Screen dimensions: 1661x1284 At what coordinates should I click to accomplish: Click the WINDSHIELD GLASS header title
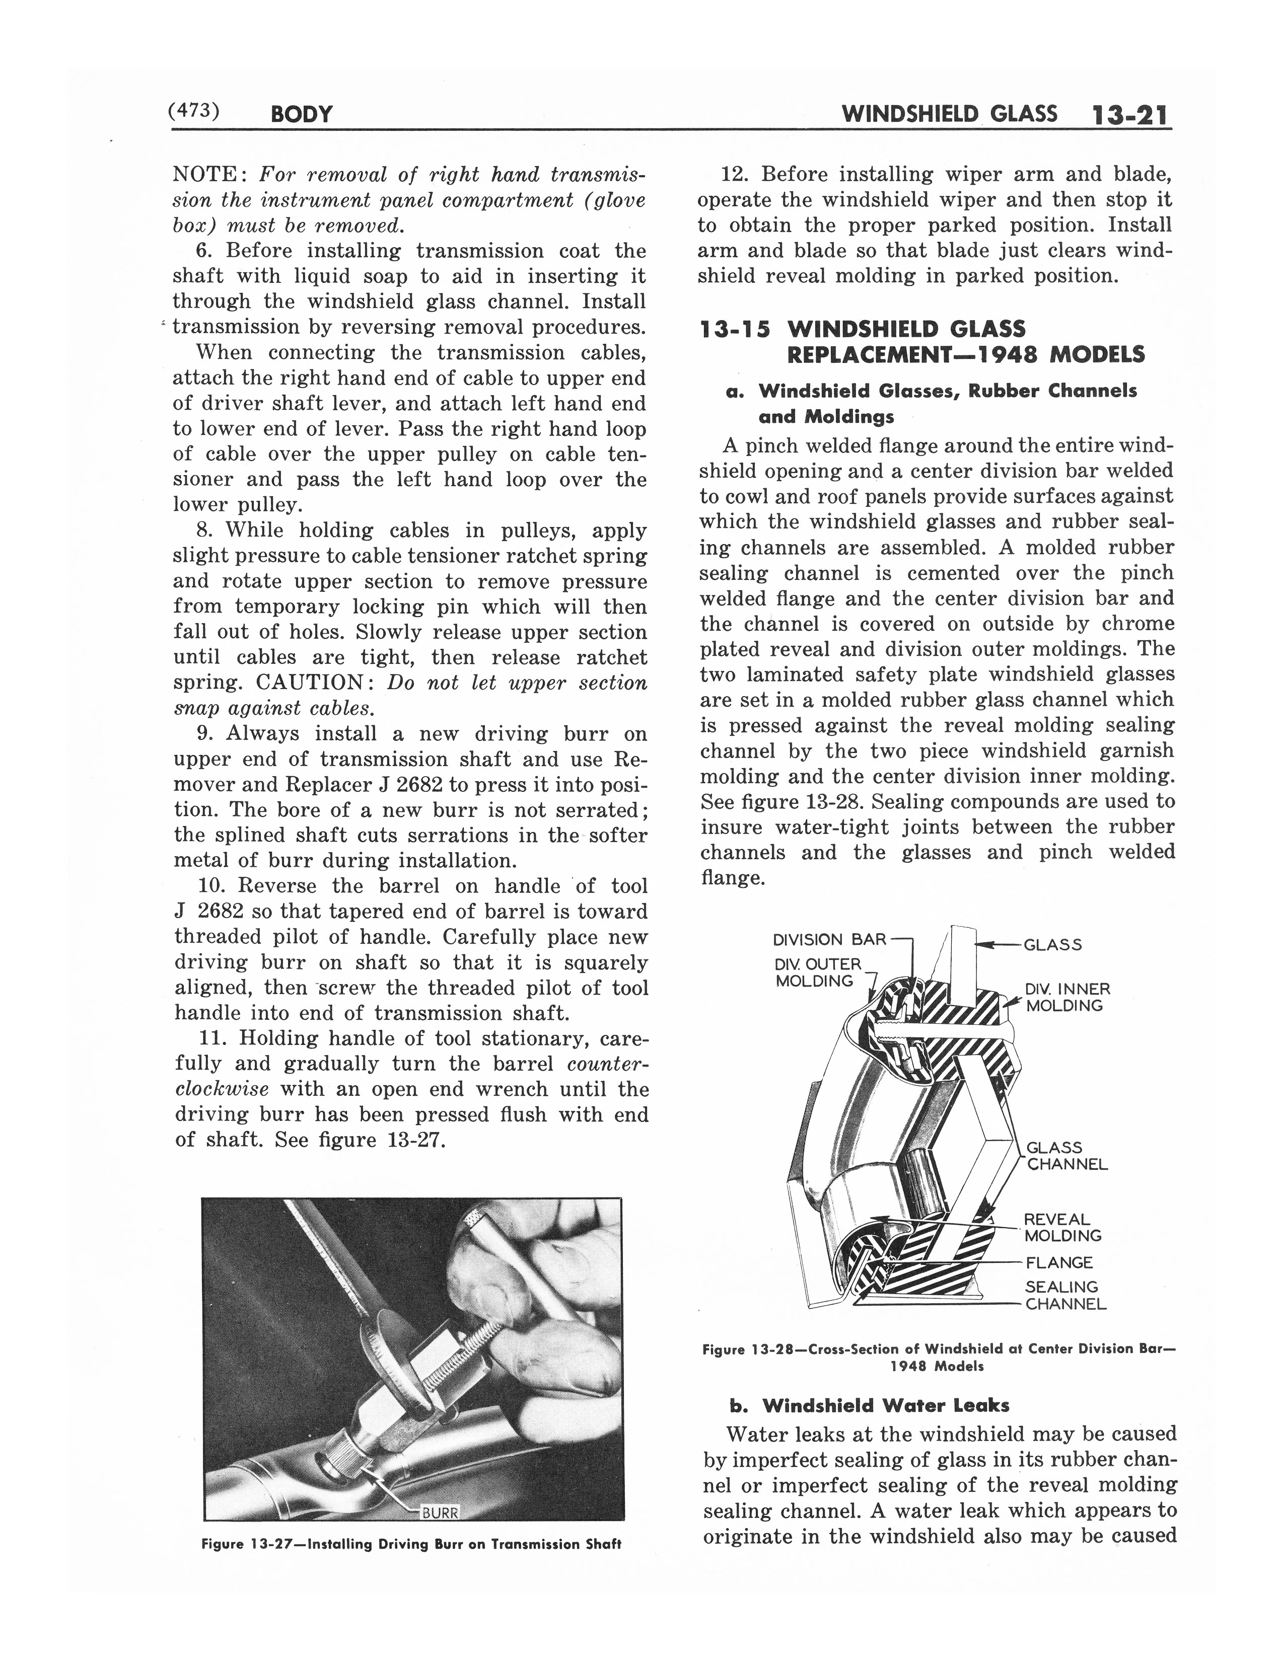click(x=949, y=114)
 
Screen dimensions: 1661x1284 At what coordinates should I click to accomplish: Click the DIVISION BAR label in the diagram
click(x=829, y=939)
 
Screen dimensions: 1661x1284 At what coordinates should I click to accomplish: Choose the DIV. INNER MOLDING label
click(x=1067, y=997)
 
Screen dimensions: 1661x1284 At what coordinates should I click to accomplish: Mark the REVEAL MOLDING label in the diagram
click(x=1062, y=1228)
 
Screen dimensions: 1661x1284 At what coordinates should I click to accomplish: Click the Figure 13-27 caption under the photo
click(x=411, y=1544)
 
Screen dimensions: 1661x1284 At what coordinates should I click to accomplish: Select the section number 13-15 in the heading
click(x=734, y=329)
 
